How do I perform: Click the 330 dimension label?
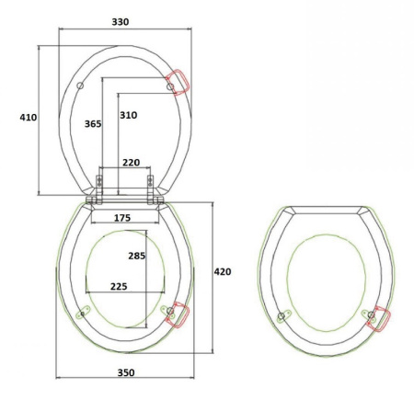(x=121, y=22)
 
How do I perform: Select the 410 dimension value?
(x=29, y=117)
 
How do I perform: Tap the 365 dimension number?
(x=93, y=124)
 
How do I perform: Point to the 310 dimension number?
(x=128, y=115)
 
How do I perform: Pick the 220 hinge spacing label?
(x=132, y=163)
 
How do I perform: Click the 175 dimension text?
(x=122, y=218)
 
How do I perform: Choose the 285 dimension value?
(x=137, y=256)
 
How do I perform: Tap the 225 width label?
(x=119, y=286)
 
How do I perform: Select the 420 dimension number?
(x=223, y=271)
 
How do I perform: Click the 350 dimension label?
(x=126, y=372)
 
